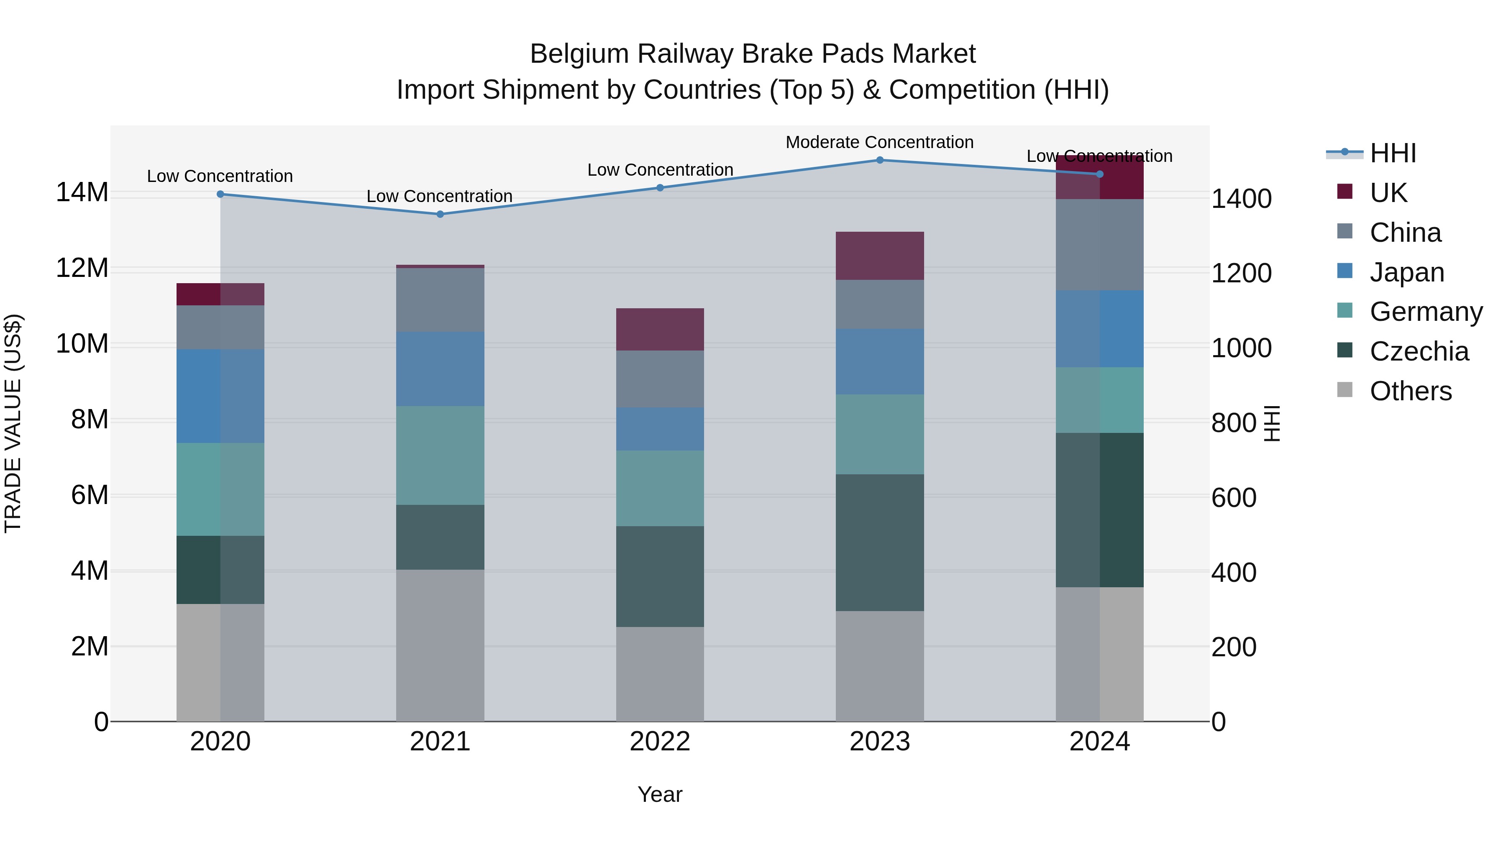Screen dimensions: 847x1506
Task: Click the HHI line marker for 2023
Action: coord(879,160)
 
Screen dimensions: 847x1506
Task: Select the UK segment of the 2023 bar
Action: coord(879,256)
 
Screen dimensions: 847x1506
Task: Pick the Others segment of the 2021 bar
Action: coord(440,645)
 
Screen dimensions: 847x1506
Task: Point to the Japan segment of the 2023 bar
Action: coord(879,361)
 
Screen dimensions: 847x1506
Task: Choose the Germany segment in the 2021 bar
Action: coord(440,455)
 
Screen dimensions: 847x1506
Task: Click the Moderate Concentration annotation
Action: coord(879,143)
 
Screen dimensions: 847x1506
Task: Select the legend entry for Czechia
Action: coord(1419,352)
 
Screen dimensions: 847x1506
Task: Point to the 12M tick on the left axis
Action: coord(82,268)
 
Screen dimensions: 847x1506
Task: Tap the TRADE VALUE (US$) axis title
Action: coord(13,423)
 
